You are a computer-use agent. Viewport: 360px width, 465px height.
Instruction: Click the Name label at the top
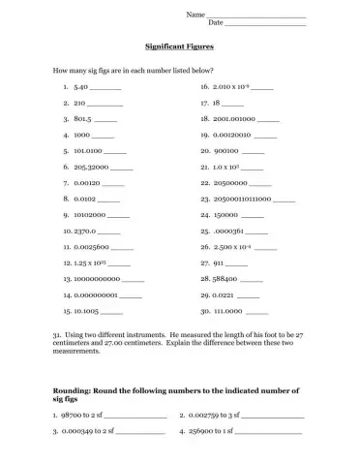195,15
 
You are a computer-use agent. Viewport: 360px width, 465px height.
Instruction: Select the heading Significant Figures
179,46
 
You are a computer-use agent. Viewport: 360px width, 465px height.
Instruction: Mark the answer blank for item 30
259,312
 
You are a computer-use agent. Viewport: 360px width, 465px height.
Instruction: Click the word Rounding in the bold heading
70,389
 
